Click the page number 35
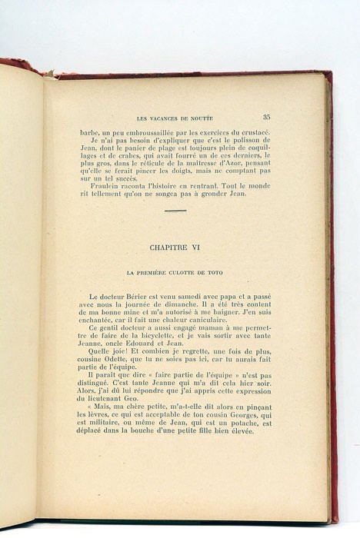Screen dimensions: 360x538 tap(266, 118)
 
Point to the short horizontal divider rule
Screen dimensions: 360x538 tap(175, 210)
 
